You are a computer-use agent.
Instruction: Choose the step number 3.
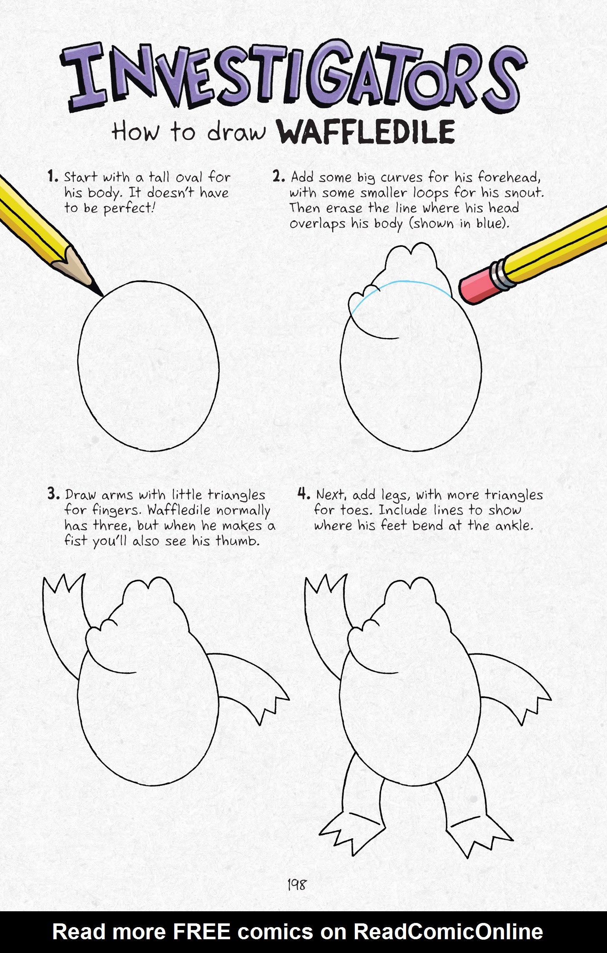54,494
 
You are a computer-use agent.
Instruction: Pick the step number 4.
303,494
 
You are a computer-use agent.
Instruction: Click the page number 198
296,884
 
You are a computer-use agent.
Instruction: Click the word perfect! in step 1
129,208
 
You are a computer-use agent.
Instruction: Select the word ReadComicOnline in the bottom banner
448,932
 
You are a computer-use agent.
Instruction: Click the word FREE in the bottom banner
201,932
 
